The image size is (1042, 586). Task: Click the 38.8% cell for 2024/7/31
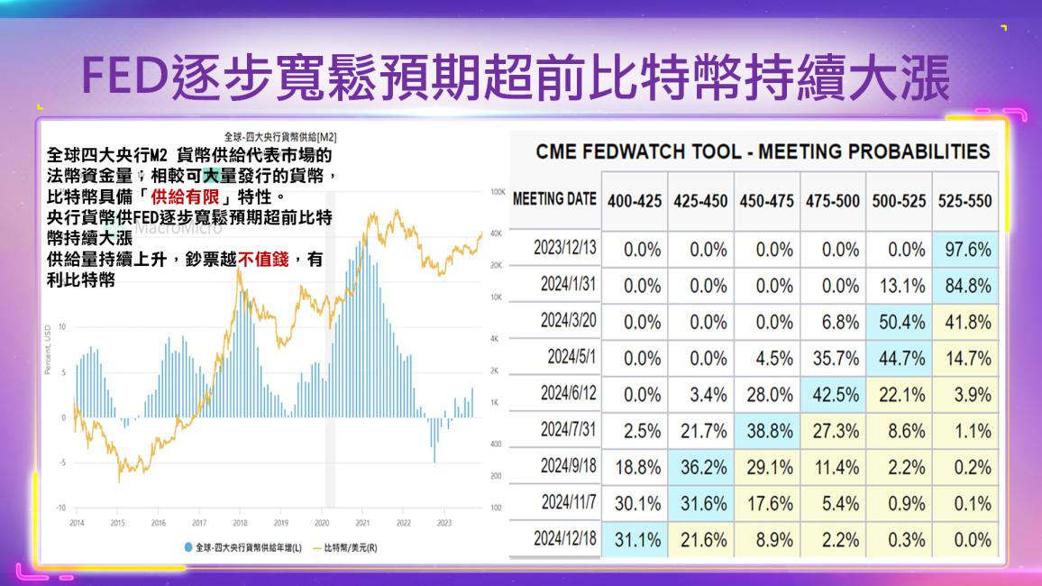tap(767, 430)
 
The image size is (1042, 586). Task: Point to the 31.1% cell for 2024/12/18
tap(636, 539)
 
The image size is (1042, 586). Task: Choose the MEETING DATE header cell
tap(554, 199)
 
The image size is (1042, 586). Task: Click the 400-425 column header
tap(636, 200)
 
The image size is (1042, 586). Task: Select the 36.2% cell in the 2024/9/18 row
tap(701, 467)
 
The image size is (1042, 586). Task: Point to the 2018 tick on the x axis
tap(240, 522)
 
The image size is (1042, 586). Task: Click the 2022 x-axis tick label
tap(403, 522)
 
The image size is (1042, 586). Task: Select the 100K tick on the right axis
tap(497, 192)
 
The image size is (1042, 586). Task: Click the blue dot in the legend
tap(187, 546)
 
